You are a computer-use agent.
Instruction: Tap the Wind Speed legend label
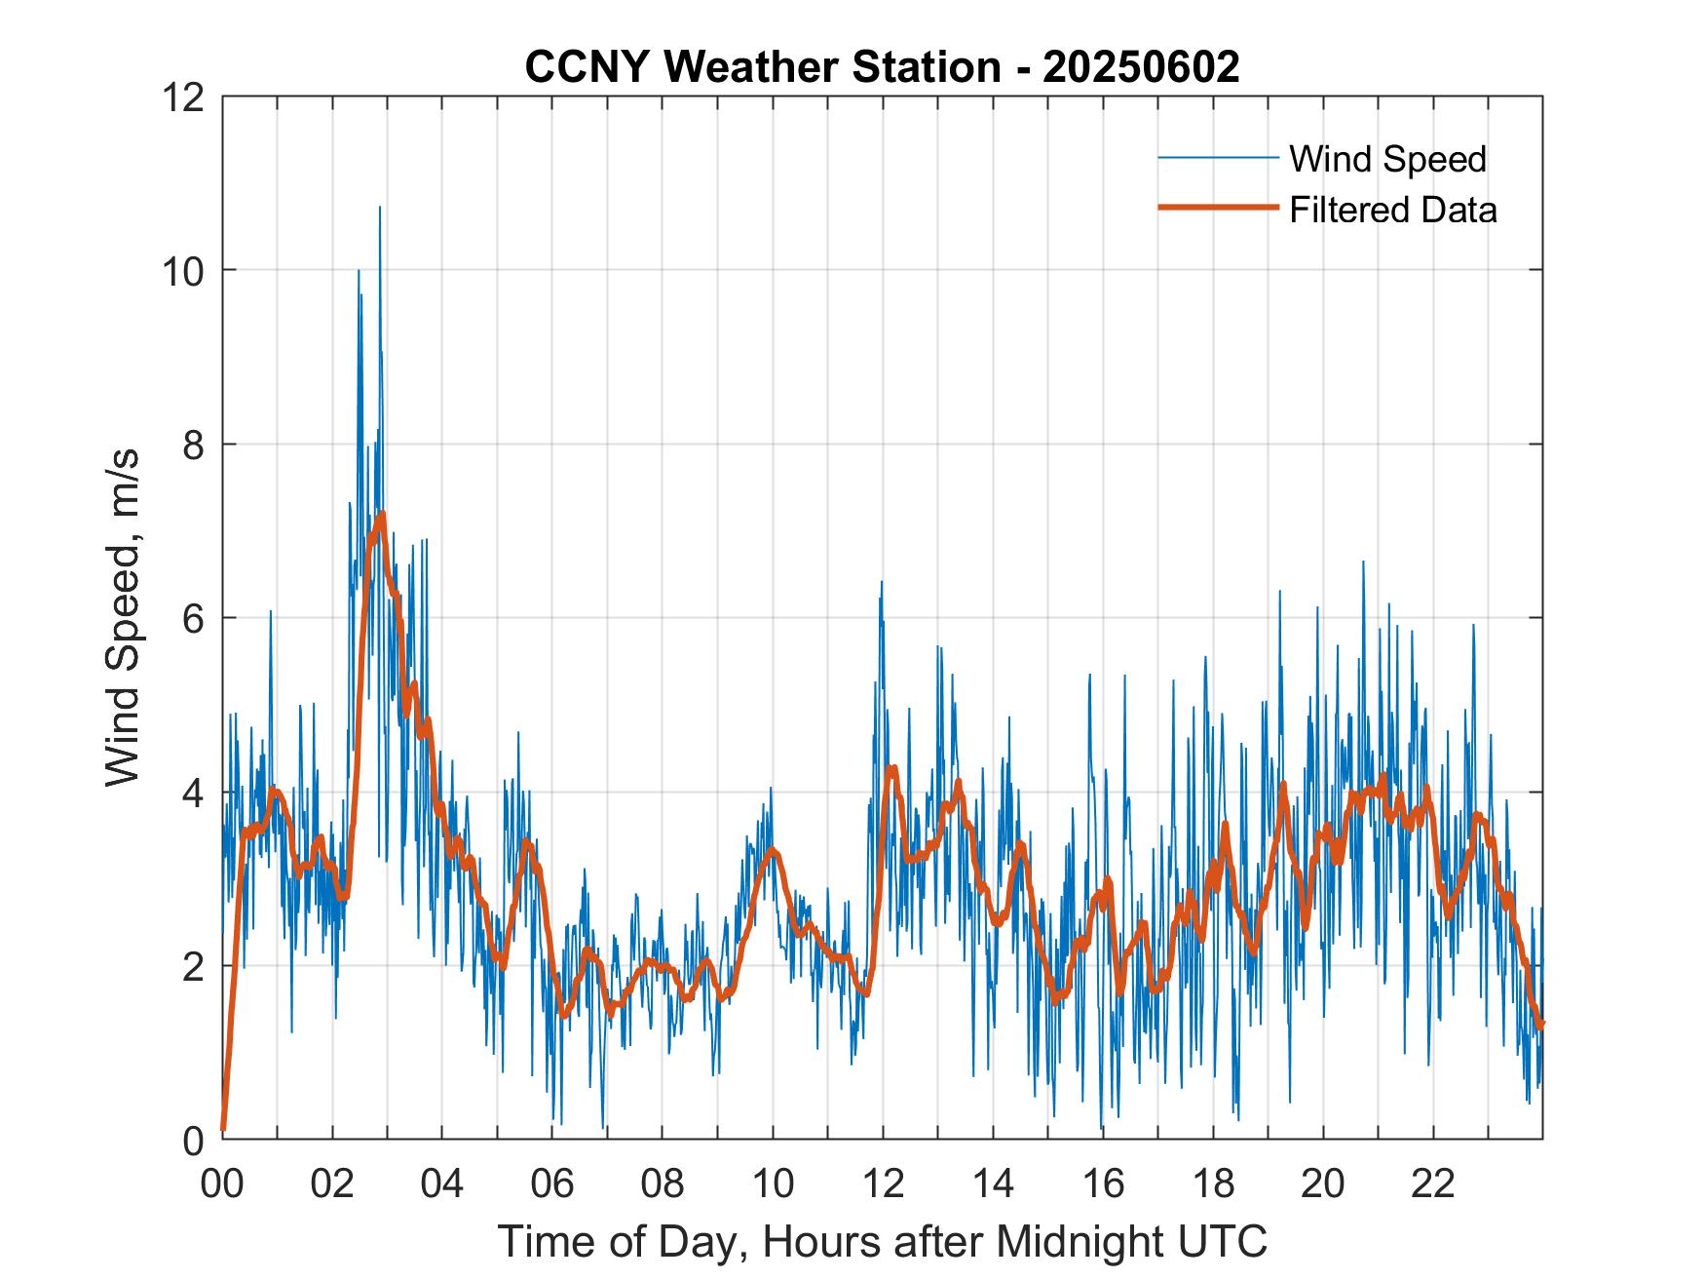point(1387,159)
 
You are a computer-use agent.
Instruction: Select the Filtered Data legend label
point(1392,210)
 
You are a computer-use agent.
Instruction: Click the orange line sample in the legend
point(1218,208)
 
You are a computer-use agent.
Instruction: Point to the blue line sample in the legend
point(1218,157)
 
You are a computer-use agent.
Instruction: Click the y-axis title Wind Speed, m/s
point(123,617)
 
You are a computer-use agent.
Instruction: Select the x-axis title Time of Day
point(882,1242)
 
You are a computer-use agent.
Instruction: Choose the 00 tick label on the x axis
point(222,1183)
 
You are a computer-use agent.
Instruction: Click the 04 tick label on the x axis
point(442,1183)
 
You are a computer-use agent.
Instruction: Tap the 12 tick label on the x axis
point(883,1183)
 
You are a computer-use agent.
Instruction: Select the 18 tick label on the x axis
point(1213,1183)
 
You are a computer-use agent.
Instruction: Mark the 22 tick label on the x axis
point(1433,1183)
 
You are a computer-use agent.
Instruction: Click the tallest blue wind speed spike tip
point(380,207)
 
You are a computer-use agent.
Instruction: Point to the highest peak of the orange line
point(383,513)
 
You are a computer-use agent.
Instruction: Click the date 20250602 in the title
point(1141,66)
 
